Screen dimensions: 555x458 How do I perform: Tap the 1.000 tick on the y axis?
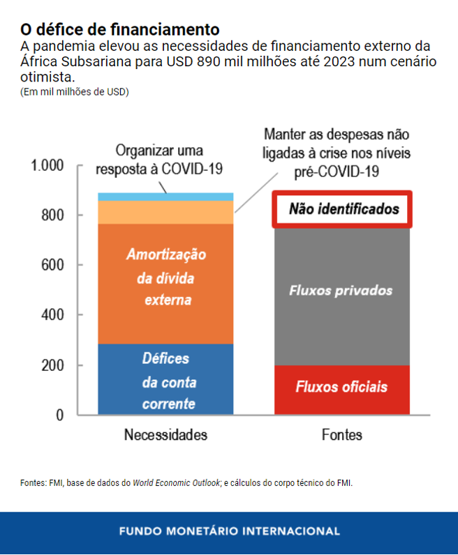pos(47,165)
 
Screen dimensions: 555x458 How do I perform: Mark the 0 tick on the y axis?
pos(59,415)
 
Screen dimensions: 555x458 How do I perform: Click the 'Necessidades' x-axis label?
pos(165,435)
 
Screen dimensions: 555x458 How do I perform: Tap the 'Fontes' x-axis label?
pos(342,435)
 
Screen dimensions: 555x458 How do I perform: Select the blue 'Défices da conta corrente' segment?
pos(165,379)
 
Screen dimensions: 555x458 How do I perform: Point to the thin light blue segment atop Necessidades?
pos(165,197)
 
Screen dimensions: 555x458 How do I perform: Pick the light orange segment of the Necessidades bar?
pos(165,212)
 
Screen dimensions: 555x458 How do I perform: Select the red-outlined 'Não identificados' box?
pos(341,209)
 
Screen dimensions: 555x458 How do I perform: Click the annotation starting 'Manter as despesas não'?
pos(337,152)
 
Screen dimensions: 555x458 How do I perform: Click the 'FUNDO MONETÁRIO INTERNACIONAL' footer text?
pos(229,531)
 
